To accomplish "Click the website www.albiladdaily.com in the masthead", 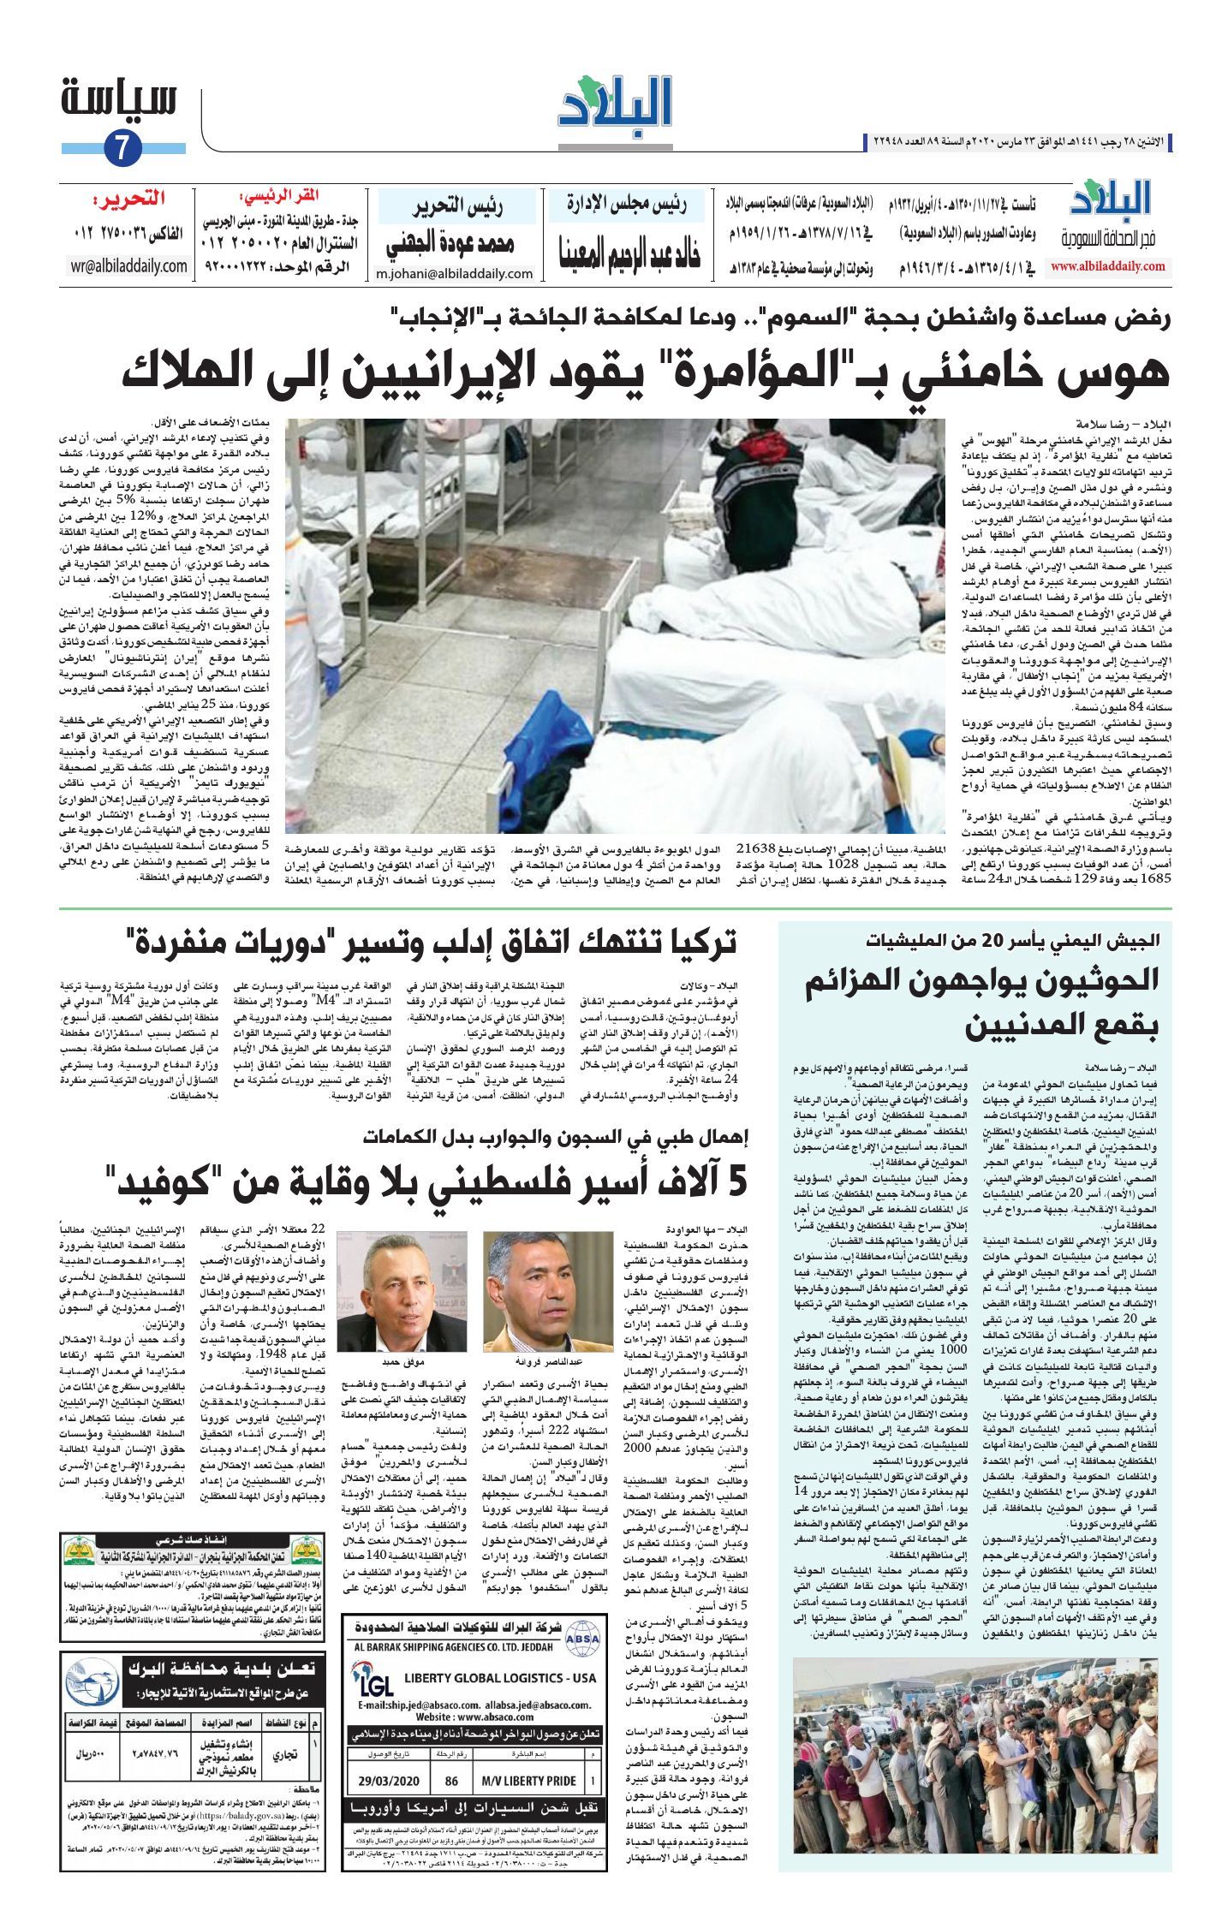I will coord(1108,267).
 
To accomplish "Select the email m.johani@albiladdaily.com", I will coord(455,274).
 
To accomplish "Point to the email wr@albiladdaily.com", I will coord(128,266).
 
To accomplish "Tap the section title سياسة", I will coord(120,98).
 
